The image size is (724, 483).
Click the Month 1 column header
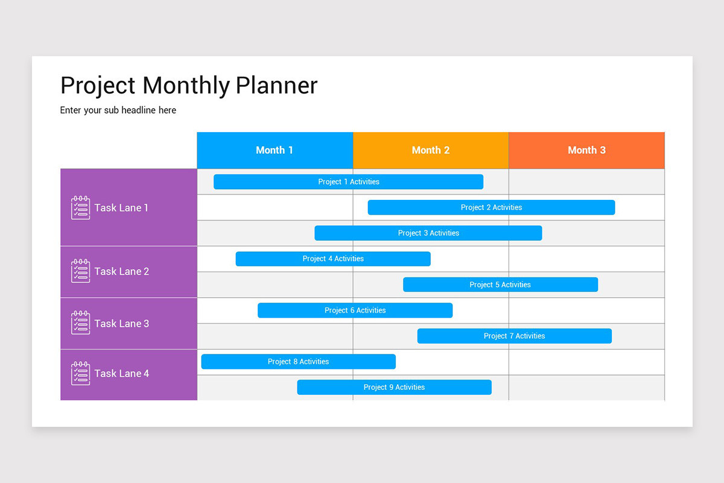coord(275,150)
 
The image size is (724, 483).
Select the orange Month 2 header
coord(430,150)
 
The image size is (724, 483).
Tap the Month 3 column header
coord(586,150)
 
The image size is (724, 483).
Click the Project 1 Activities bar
coord(348,182)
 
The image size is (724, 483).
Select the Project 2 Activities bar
coord(491,208)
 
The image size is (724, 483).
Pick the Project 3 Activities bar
coord(428,233)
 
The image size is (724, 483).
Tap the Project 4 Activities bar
coord(333,259)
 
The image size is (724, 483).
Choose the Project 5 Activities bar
coord(500,284)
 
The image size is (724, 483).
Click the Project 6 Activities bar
coord(355,310)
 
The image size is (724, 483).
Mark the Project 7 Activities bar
coord(514,336)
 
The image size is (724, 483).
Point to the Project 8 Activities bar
coord(298,362)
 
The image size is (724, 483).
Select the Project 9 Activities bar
coord(394,388)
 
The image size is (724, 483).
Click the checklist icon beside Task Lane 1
coord(80,208)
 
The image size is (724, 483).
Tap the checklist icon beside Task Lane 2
coord(80,272)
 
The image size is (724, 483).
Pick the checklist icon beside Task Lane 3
coord(80,323)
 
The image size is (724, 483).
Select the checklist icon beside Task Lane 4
coord(80,374)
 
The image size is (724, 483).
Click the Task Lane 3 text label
coord(121,324)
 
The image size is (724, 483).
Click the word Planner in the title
coord(276,86)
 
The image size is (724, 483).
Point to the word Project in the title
coord(98,86)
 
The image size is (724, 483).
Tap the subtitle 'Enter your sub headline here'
coord(118,110)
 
